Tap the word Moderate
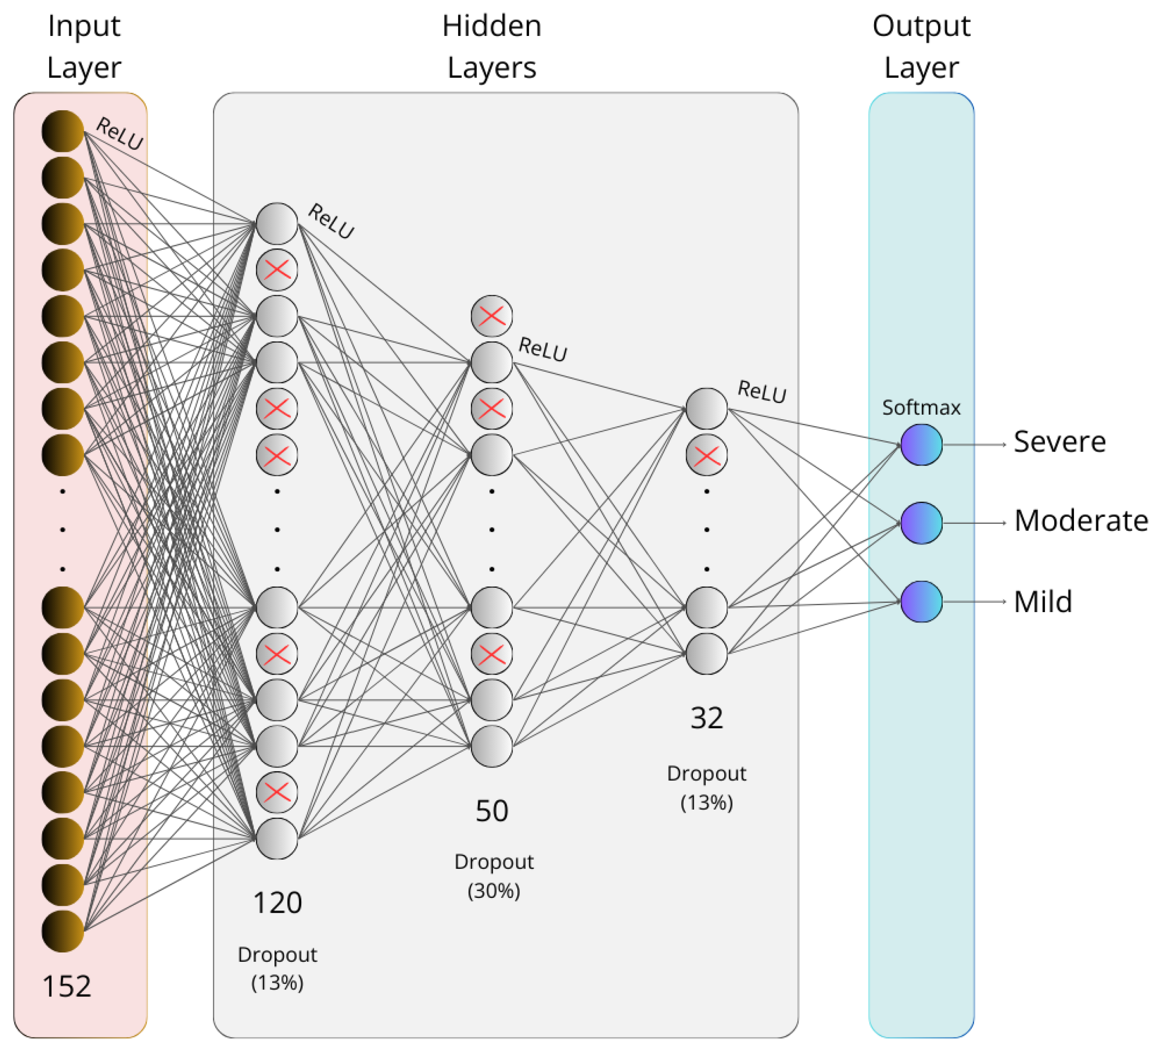1080,521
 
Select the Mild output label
1043,602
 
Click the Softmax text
921,408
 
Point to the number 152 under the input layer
67,986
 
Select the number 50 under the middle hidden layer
492,811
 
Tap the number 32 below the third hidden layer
706,718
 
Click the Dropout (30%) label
494,876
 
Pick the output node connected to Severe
921,444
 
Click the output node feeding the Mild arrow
921,601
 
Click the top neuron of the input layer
63,131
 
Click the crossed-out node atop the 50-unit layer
492,316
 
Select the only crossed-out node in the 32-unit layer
706,455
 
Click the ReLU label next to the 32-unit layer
762,392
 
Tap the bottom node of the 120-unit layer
277,838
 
